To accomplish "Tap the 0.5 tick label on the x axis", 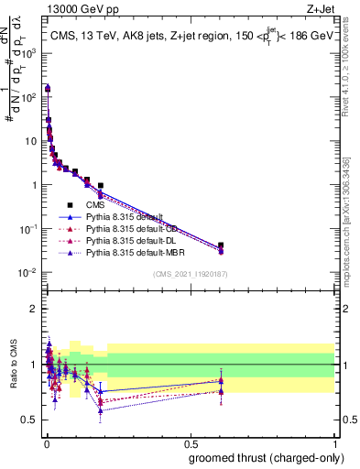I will click(x=190, y=442).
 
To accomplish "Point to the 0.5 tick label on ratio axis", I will click(x=28, y=420).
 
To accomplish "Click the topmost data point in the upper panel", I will click(x=47, y=88).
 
